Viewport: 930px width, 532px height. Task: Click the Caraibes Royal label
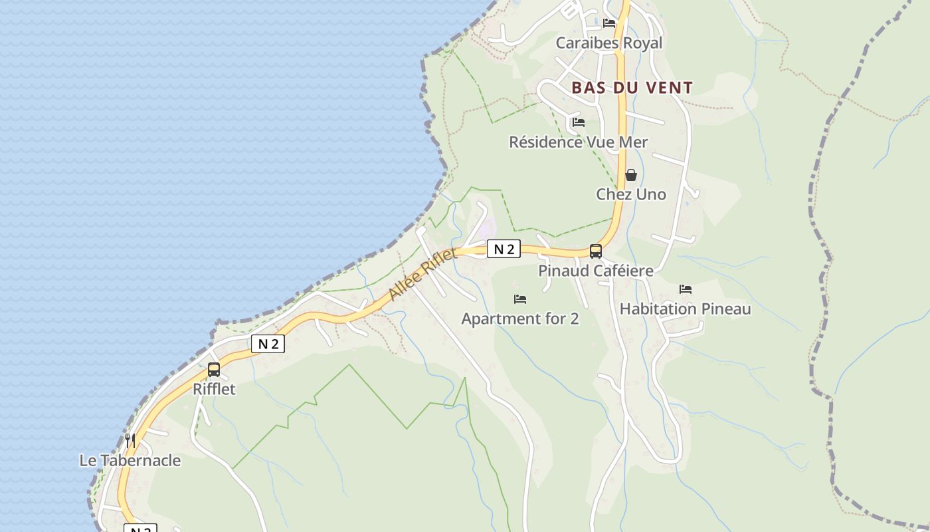tap(608, 43)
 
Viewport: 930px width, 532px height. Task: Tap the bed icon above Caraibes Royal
tap(609, 23)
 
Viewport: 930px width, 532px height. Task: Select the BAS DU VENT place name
tap(632, 88)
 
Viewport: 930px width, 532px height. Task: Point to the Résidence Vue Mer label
tap(578, 142)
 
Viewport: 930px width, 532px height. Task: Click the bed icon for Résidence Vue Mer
tap(579, 122)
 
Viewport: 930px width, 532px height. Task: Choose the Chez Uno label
tap(630, 194)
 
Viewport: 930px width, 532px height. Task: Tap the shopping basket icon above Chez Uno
tap(631, 175)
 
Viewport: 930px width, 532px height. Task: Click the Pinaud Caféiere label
tap(595, 271)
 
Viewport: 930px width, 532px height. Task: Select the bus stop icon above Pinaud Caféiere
tap(596, 251)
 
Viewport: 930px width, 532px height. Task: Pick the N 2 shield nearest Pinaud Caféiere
tap(504, 249)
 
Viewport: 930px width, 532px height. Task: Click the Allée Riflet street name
tap(422, 274)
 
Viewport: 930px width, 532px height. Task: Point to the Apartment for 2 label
tap(520, 319)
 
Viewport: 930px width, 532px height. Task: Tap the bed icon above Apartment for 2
tap(520, 299)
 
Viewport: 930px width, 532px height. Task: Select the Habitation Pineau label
tap(685, 309)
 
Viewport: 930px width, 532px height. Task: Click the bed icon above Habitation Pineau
tap(686, 289)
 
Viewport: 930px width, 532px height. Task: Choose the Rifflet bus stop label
tap(214, 389)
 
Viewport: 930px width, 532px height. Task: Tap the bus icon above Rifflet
tap(214, 370)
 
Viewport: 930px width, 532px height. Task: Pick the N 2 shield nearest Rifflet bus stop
tap(268, 344)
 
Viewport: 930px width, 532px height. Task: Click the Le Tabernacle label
tap(130, 460)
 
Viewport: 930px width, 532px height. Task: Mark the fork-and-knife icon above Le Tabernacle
tap(130, 440)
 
